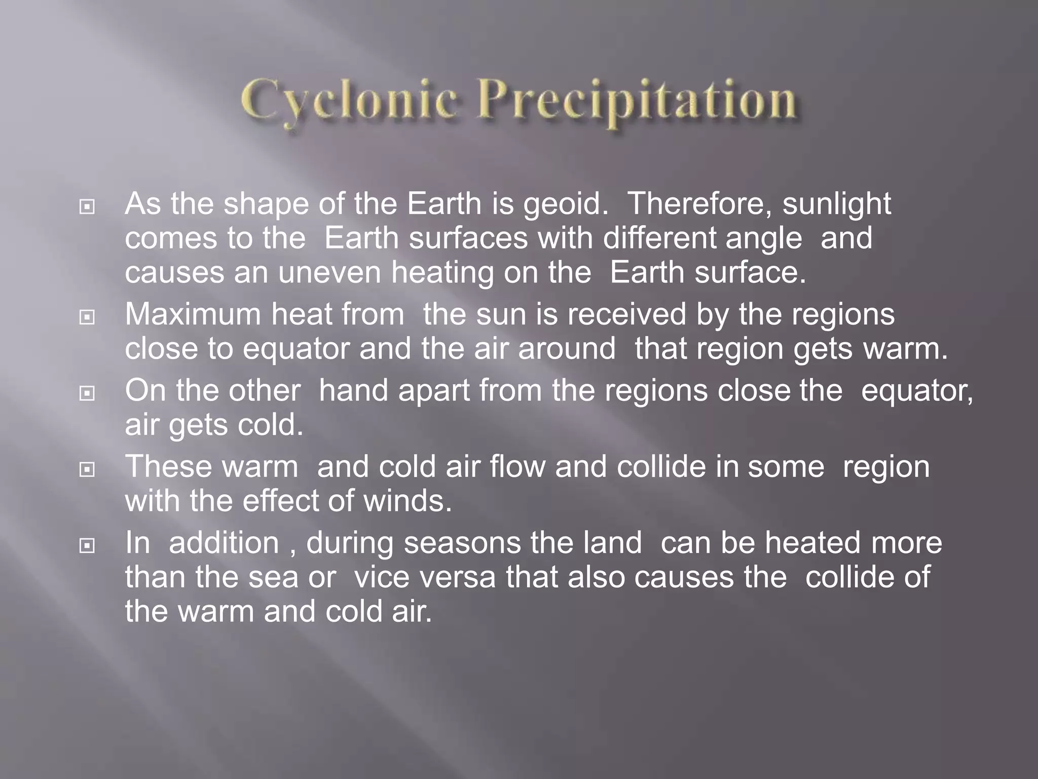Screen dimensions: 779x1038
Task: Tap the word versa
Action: (458, 577)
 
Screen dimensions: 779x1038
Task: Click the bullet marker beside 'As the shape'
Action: (87, 207)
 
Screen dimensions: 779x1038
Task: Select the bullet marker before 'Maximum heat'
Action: (87, 317)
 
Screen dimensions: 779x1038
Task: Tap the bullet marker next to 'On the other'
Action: (87, 394)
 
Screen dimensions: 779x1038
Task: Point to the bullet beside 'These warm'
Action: (87, 470)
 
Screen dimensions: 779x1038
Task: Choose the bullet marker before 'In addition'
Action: (87, 546)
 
